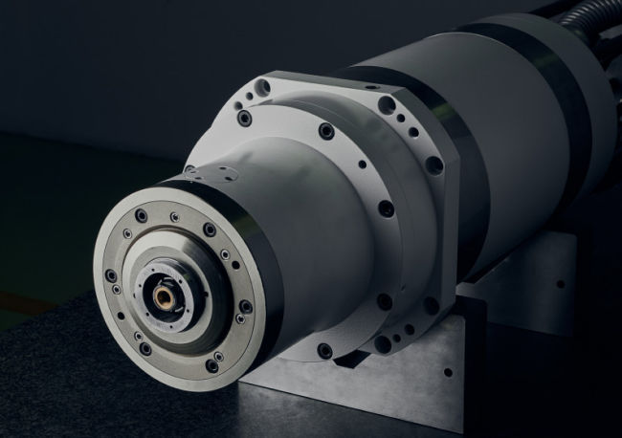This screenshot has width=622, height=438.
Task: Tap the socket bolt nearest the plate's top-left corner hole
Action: tap(245, 119)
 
